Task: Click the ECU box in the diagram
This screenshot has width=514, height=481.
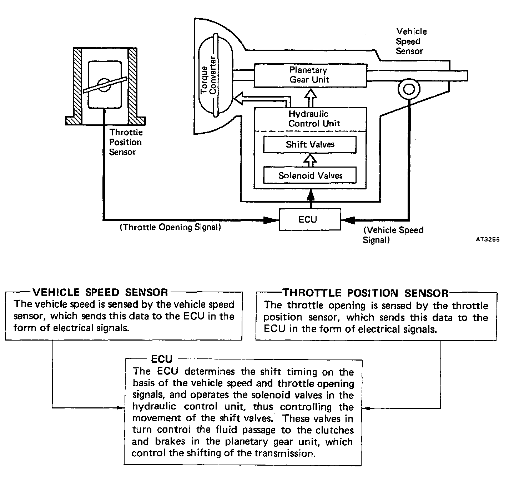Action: [x=309, y=219]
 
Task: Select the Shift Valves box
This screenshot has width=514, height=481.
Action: [x=309, y=144]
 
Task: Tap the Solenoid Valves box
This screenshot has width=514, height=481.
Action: [x=309, y=175]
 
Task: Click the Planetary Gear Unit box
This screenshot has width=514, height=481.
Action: [x=309, y=75]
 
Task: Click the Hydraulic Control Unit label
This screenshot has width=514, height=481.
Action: [x=314, y=119]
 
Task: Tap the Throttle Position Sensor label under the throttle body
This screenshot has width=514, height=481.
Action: [x=125, y=142]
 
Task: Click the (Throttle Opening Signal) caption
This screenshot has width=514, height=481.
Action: [x=170, y=227]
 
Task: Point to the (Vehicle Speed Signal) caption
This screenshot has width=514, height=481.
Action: [x=393, y=235]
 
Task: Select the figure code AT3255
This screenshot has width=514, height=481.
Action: [x=488, y=239]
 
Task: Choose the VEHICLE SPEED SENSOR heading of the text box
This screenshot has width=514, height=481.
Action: [x=100, y=292]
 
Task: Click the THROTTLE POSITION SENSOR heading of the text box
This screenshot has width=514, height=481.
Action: [x=366, y=293]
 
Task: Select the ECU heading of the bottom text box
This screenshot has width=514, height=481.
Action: [x=162, y=359]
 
